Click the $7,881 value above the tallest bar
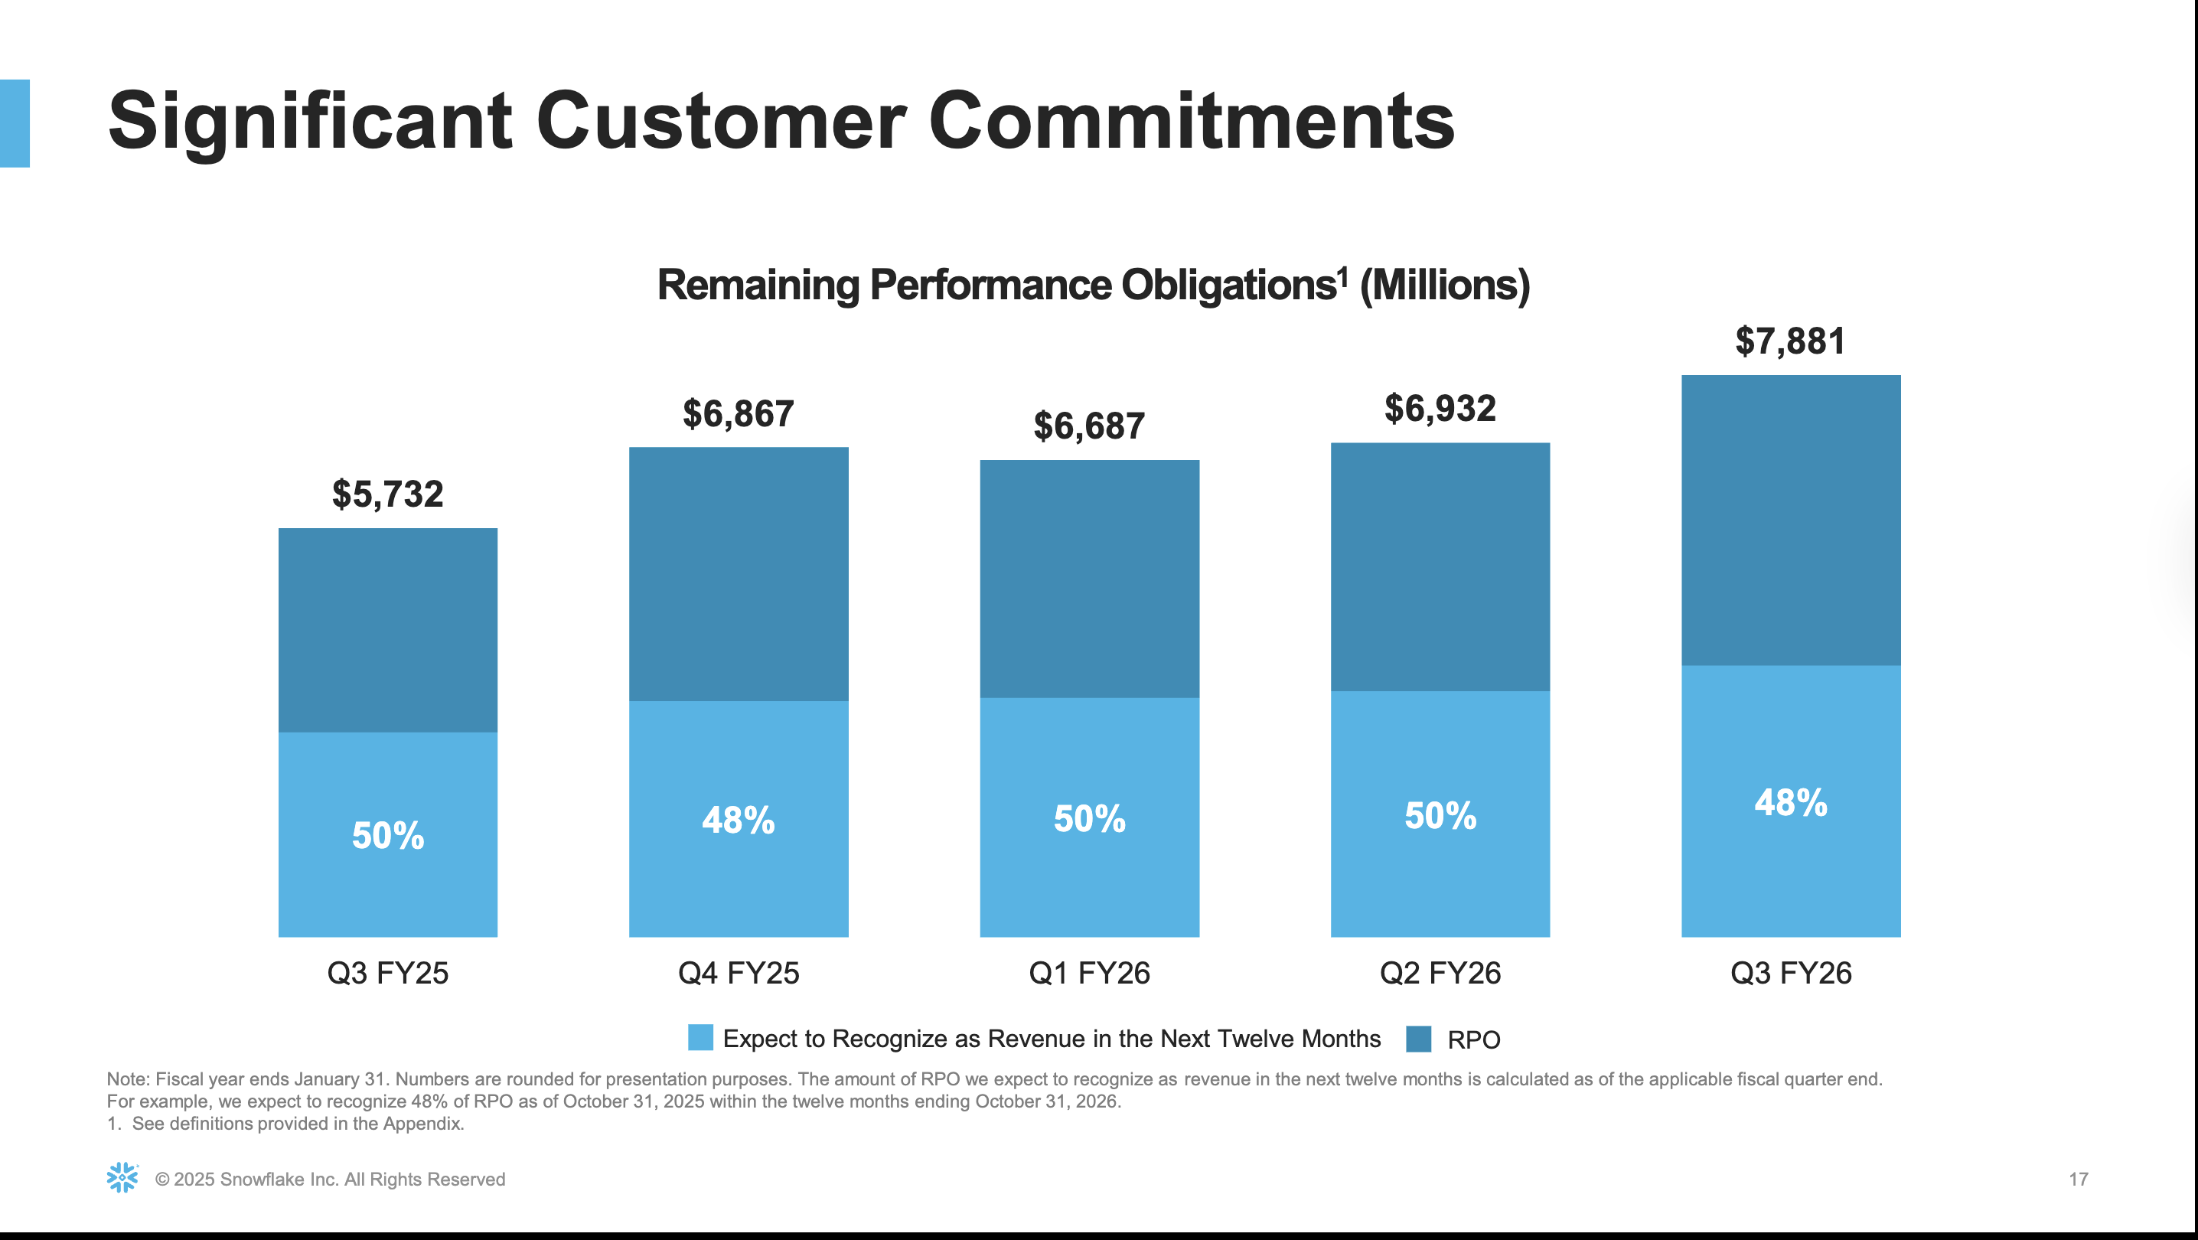1790,341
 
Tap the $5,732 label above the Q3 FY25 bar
387,494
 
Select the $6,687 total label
1089,426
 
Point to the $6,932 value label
1440,409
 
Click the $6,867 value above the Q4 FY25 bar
738,414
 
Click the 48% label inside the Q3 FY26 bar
1790,802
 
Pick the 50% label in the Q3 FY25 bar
387,836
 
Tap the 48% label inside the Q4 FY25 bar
738,820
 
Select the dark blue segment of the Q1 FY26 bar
1089,579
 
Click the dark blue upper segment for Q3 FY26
1790,519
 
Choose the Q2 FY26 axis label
1440,973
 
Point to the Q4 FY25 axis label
738,973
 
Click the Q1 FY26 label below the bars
1089,973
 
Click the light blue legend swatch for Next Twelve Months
700,1038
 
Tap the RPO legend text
1473,1039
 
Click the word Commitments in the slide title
1190,121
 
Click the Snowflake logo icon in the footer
122,1178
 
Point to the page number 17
2078,1180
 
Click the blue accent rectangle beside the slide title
15,123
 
